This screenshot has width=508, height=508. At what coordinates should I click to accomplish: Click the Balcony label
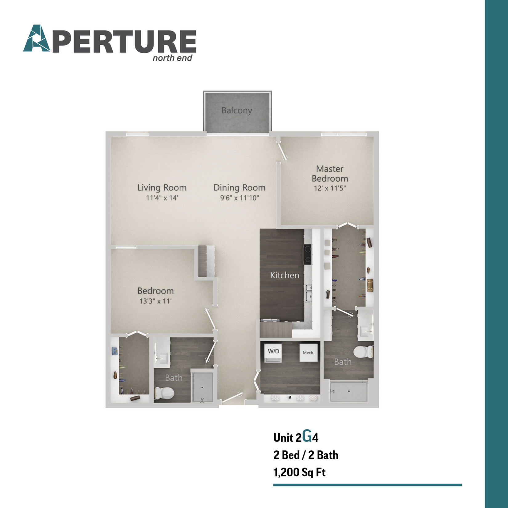coord(237,110)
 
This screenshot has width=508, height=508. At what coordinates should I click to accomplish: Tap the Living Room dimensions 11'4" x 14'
coord(162,198)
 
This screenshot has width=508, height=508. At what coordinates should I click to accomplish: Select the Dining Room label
coord(240,187)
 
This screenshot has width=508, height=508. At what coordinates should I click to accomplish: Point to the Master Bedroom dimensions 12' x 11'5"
coord(330,188)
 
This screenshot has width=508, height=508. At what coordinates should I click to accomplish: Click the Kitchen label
coord(284,275)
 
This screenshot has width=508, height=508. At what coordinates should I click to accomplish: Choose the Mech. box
coord(308,353)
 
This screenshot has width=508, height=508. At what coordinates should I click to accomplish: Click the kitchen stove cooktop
coord(308,254)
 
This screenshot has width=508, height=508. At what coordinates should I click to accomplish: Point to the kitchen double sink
coord(308,292)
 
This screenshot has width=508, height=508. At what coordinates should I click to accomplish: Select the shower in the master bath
coord(349,392)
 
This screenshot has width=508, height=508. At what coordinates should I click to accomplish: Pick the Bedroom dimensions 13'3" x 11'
coord(155,301)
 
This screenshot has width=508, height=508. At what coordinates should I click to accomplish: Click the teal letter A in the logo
coord(37,38)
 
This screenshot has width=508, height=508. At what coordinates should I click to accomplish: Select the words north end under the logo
coord(172,58)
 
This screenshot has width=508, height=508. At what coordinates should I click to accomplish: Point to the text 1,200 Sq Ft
coord(299,472)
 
